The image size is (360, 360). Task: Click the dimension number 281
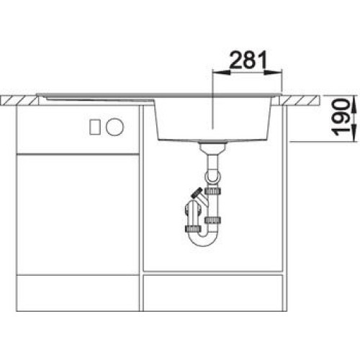pyautogui.click(x=248, y=59)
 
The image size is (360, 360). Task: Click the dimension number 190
pyautogui.click(x=341, y=117)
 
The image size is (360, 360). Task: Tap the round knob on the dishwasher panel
pyautogui.click(x=114, y=127)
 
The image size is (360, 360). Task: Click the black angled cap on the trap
pyautogui.click(x=196, y=193)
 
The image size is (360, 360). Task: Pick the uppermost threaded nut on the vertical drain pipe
pyautogui.click(x=213, y=191)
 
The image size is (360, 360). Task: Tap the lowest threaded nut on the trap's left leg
pyautogui.click(x=193, y=229)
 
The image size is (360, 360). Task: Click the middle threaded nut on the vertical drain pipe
pyautogui.click(x=212, y=220)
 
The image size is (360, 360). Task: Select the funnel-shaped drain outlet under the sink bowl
pyautogui.click(x=212, y=148)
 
